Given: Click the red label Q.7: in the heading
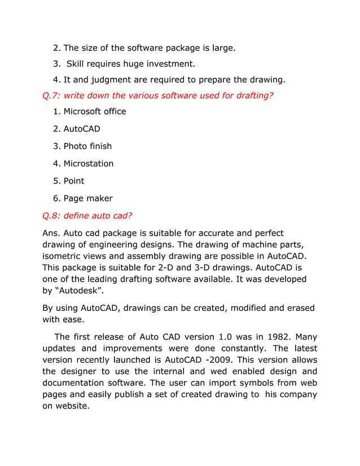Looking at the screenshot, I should click(52, 95).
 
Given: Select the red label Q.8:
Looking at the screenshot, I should click(52, 216).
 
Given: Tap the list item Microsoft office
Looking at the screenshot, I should click(94, 111).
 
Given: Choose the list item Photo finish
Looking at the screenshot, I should click(87, 146).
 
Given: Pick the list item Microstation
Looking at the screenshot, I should click(88, 164).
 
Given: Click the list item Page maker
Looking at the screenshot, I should click(87, 198).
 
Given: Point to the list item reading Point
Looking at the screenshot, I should click(74, 181).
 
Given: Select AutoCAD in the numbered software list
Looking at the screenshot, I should click(82, 129).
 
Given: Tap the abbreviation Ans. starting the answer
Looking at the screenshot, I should click(51, 233).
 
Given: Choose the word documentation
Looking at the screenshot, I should click(78, 383).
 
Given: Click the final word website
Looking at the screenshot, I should click(72, 406).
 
